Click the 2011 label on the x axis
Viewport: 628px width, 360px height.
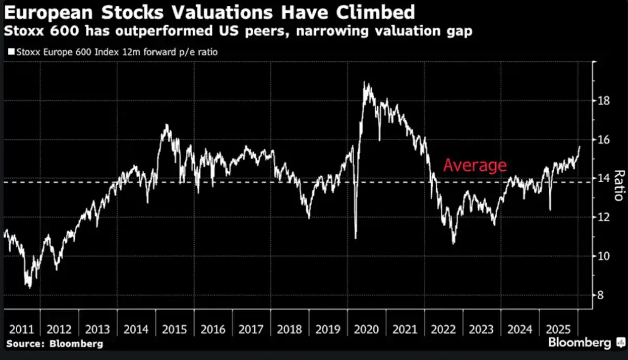[21, 330]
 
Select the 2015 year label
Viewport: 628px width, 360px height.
[175, 330]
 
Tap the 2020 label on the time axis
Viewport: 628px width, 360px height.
[368, 330]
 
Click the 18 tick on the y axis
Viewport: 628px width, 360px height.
[604, 100]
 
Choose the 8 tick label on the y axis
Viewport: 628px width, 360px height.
[601, 295]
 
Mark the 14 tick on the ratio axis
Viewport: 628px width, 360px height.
[604, 178]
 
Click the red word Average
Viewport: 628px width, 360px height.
[475, 165]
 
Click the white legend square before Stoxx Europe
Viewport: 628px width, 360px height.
[12, 52]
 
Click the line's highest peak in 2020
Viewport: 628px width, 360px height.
[365, 83]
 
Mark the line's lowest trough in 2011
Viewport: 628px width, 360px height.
[30, 287]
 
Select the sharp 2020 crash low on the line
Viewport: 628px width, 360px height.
[356, 238]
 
